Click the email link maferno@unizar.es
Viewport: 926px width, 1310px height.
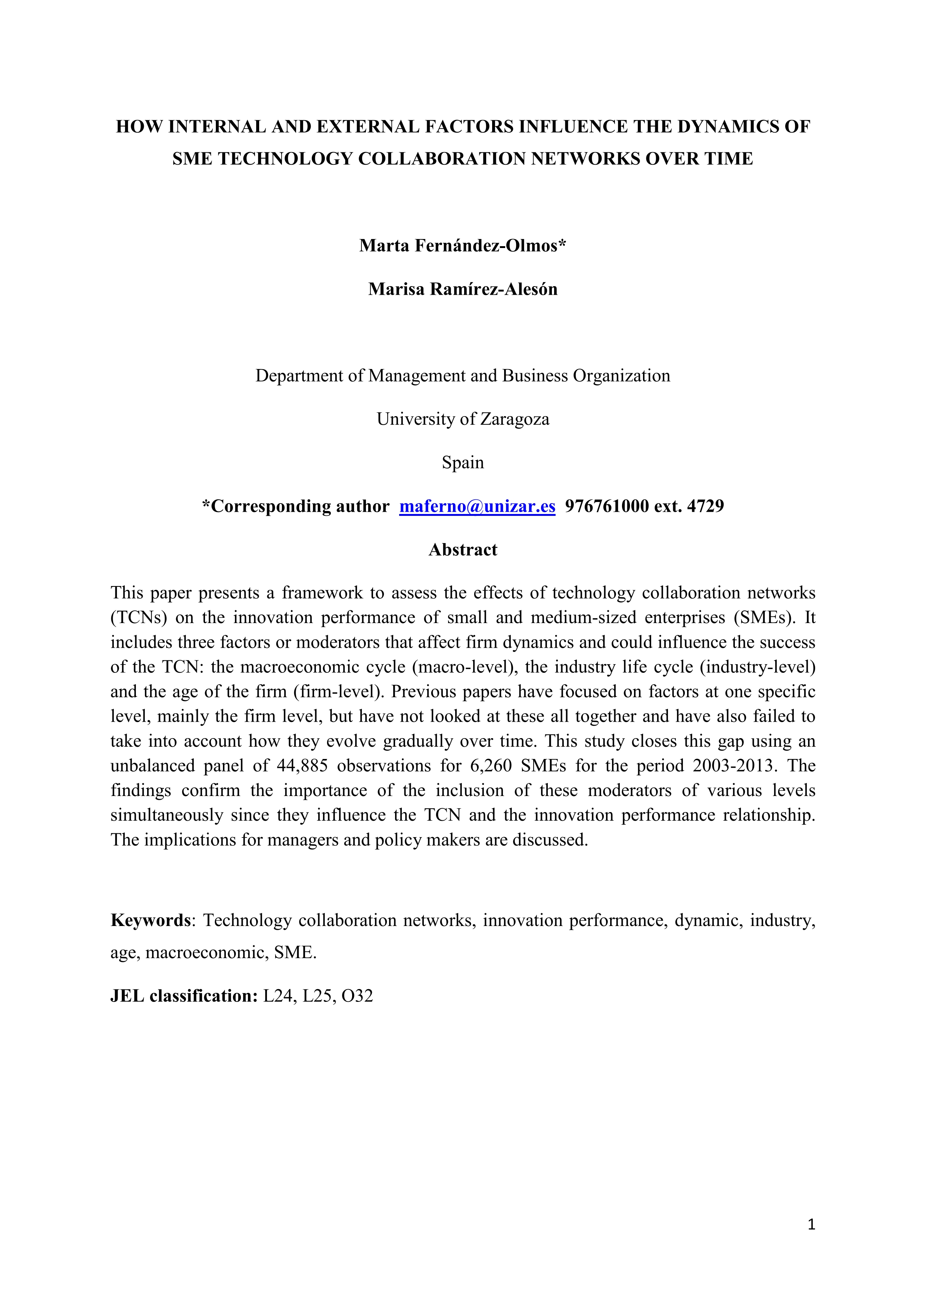pos(477,506)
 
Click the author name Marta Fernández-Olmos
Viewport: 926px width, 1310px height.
pos(462,245)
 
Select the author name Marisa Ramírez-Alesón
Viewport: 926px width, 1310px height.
pos(462,289)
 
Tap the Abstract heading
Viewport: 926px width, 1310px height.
pos(462,549)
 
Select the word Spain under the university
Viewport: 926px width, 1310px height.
pos(462,462)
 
